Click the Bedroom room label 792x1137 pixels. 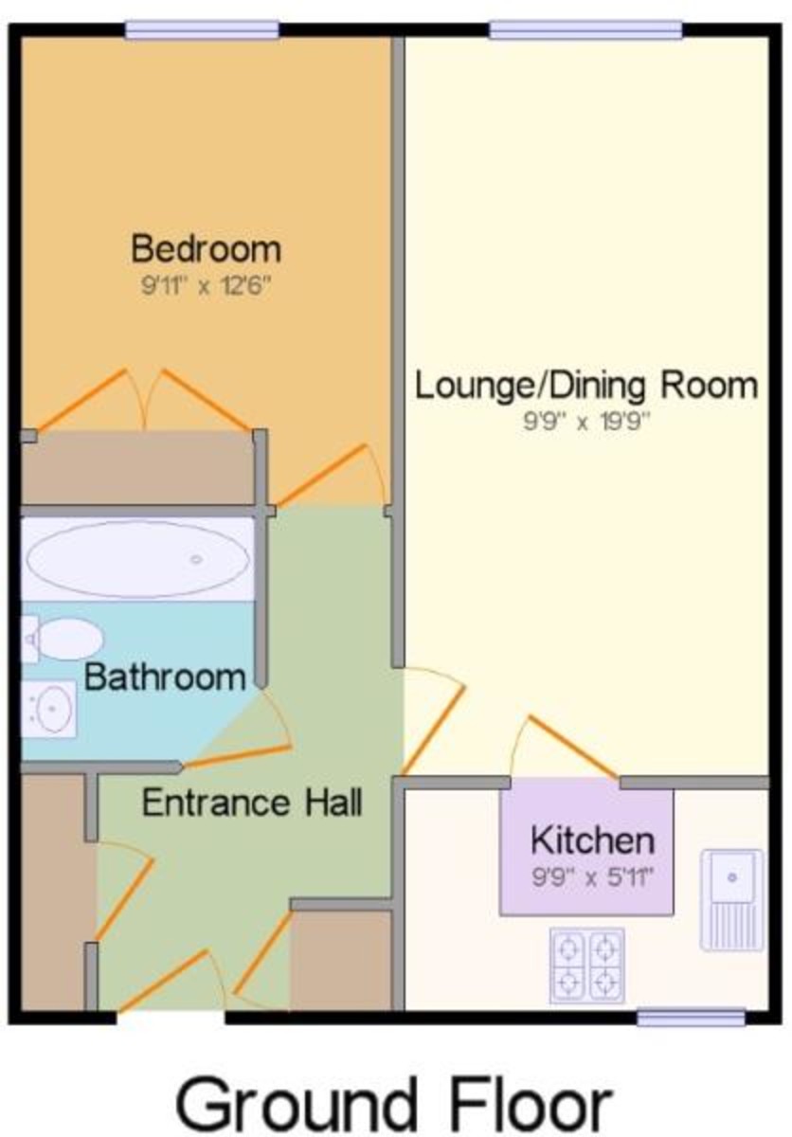pyautogui.click(x=206, y=249)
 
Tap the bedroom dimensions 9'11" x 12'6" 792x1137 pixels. pyautogui.click(x=206, y=285)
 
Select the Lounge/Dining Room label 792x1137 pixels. pyautogui.click(x=587, y=386)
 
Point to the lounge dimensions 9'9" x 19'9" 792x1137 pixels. pyautogui.click(x=587, y=421)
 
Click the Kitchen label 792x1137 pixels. pyautogui.click(x=591, y=839)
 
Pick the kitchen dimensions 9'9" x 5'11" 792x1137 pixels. pyautogui.click(x=591, y=876)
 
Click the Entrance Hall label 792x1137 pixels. pyautogui.click(x=252, y=803)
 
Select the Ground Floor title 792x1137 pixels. pyautogui.click(x=394, y=1103)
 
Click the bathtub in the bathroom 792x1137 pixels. pyautogui.click(x=138, y=559)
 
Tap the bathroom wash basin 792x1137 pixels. pyautogui.click(x=50, y=708)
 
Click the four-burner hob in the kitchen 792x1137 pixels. pyautogui.click(x=587, y=965)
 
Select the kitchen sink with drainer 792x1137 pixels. pyautogui.click(x=730, y=898)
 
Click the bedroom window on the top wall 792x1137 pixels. pyautogui.click(x=203, y=30)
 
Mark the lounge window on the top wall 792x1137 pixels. pyautogui.click(x=585, y=30)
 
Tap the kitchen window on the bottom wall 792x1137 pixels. pyautogui.click(x=691, y=1018)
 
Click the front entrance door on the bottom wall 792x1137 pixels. pyautogui.click(x=171, y=985)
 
